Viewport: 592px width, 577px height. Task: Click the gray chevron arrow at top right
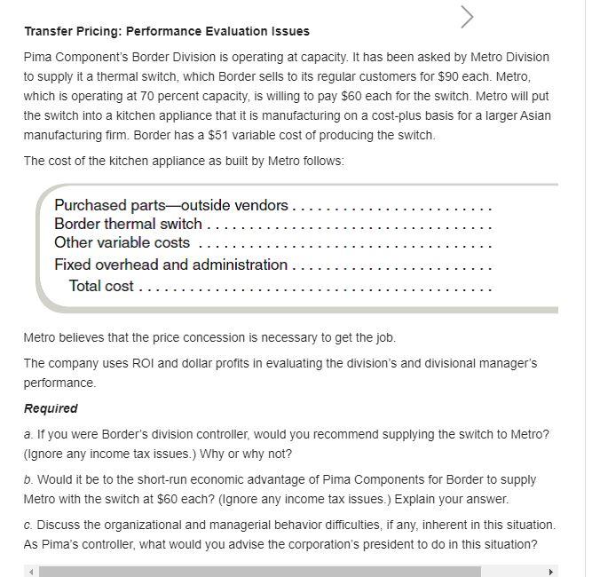click(468, 17)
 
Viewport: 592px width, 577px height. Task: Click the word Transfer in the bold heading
click(49, 31)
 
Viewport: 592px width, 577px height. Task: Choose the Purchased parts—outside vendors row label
click(170, 205)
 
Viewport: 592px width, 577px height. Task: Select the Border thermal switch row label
click(128, 224)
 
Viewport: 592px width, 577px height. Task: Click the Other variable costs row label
click(122, 242)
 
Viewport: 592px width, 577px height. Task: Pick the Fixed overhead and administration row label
click(170, 265)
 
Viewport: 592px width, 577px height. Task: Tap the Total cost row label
click(101, 285)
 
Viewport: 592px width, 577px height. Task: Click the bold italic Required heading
click(51, 408)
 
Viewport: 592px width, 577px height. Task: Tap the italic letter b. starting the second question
click(28, 479)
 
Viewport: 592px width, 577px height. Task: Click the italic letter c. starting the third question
click(28, 525)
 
